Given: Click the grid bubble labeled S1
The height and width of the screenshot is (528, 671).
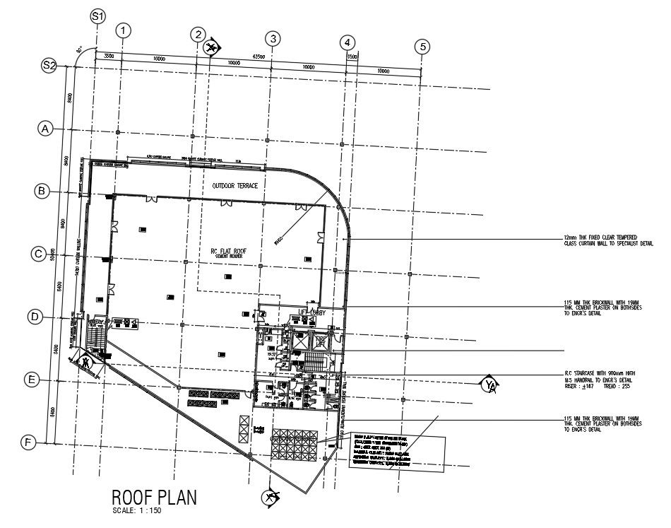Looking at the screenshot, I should [98, 16].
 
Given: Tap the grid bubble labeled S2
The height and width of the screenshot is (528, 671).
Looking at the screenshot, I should [49, 65].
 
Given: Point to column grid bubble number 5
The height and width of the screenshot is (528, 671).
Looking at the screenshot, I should [422, 47].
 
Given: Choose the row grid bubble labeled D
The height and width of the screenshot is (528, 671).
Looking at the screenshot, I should [35, 317].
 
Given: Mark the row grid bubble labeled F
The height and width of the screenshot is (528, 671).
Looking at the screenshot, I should [28, 443].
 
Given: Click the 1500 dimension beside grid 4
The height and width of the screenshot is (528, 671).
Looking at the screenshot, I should [352, 54].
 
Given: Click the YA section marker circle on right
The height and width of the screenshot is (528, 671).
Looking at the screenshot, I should [489, 385].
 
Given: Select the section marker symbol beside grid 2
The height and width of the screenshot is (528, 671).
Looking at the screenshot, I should [210, 47].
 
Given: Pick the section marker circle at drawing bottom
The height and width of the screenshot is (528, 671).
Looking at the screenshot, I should [270, 498].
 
